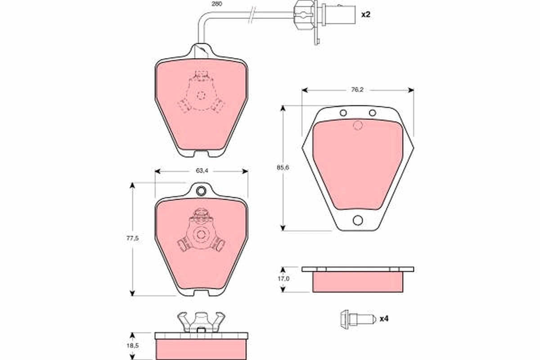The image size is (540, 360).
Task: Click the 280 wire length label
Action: pos(217,4)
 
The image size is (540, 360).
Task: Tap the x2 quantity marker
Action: pos(365,14)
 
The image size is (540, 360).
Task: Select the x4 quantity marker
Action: pos(384,319)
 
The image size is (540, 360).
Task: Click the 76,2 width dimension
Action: pos(357,90)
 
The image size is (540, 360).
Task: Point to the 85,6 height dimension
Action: pos(283,167)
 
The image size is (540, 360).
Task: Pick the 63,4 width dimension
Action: pos(202,171)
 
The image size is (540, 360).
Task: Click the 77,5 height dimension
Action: pos(133,238)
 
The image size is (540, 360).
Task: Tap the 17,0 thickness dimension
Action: pos(283,279)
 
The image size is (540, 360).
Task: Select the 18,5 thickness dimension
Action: pos(133,346)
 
